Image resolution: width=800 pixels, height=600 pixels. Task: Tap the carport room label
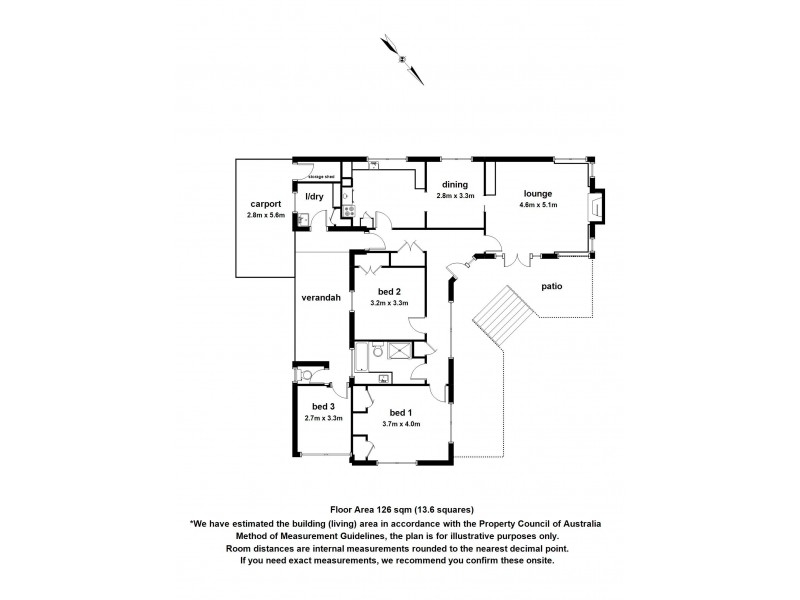266,203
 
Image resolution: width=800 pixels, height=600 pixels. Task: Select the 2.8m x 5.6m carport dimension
266,215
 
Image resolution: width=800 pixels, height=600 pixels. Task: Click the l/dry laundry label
314,196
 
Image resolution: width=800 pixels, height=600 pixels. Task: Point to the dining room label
452,184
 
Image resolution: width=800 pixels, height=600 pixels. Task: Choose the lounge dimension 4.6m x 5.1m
538,205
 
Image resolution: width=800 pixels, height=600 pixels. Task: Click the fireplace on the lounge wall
597,208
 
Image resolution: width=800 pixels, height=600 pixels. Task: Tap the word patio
552,287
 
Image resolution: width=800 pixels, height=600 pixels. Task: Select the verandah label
321,298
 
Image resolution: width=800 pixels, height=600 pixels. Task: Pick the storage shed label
320,175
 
